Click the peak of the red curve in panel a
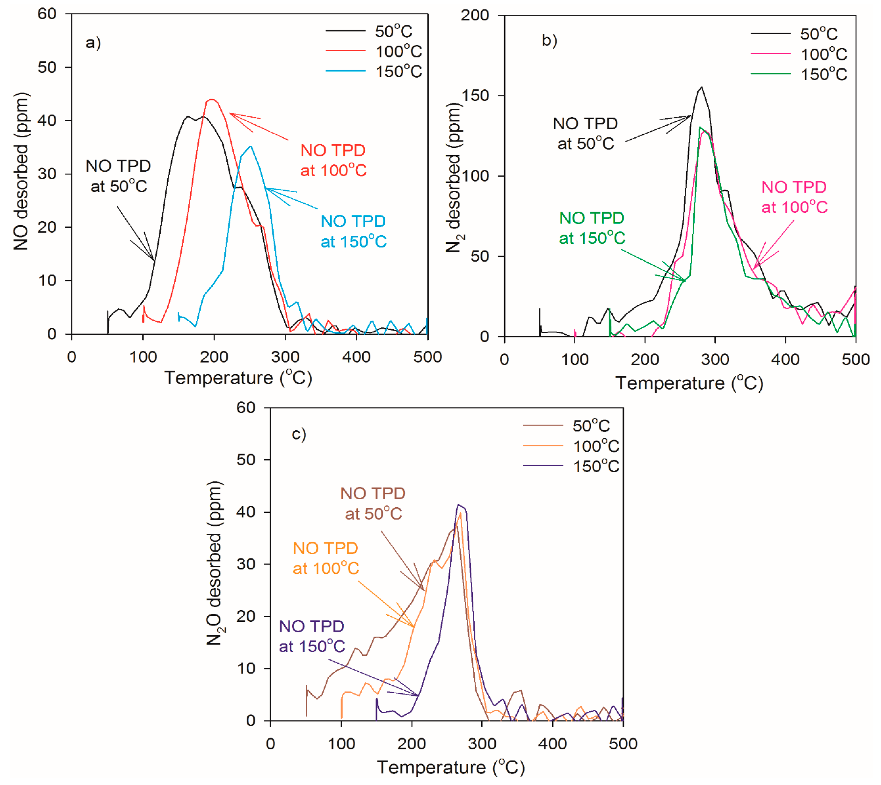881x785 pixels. [x=211, y=100]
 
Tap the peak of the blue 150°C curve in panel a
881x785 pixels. [x=251, y=146]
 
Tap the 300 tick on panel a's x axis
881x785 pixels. [x=285, y=357]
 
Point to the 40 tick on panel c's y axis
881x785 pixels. [x=246, y=512]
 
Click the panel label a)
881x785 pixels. [x=93, y=43]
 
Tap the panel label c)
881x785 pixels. [x=299, y=433]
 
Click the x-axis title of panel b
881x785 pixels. [x=689, y=383]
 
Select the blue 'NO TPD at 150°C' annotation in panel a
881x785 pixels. [x=353, y=231]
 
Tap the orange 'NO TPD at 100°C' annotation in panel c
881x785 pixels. [x=326, y=558]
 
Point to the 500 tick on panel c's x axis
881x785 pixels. [x=623, y=744]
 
